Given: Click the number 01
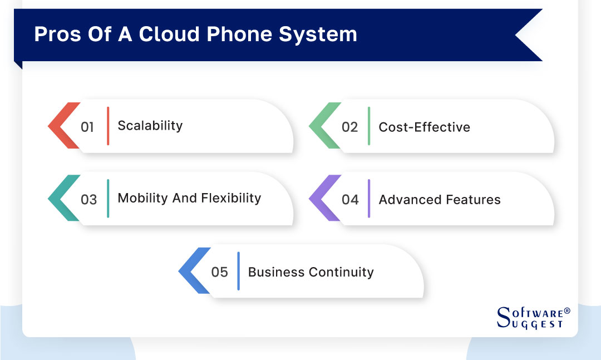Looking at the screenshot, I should coord(87,127).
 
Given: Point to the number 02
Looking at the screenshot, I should coord(349,127).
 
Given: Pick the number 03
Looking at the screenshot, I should coord(88,199).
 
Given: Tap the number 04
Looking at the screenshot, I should coord(350,199).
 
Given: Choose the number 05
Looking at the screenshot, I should coord(220,272).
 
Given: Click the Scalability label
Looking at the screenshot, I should coord(150,126).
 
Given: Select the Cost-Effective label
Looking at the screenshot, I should coord(424,127).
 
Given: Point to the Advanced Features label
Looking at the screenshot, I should coord(440,199).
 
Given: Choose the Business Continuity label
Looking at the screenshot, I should coord(311,272).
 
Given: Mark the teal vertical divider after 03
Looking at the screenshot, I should coord(108,199).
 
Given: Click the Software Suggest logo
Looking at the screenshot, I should coord(533,317).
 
